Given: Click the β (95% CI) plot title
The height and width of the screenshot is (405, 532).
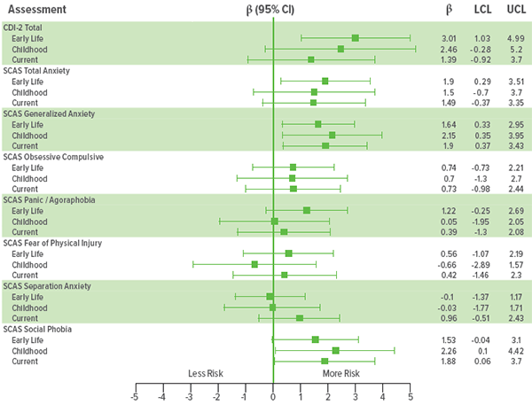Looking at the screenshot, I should pyautogui.click(x=270, y=9).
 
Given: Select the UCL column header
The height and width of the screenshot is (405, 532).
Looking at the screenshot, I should pyautogui.click(x=515, y=9).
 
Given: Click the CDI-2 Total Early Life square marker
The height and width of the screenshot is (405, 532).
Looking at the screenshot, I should pyautogui.click(x=356, y=38).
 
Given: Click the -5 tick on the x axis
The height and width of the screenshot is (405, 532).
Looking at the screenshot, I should pyautogui.click(x=135, y=396).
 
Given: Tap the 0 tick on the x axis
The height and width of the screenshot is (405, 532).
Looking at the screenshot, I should pyautogui.click(x=273, y=396).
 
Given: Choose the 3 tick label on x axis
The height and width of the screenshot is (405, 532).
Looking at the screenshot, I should pyautogui.click(x=356, y=396).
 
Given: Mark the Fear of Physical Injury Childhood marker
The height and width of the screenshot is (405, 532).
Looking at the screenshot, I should pyautogui.click(x=254, y=264).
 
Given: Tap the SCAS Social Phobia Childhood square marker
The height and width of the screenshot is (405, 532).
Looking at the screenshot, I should pyautogui.click(x=335, y=351).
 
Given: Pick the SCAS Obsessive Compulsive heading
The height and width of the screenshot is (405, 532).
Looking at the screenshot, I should pyautogui.click(x=66, y=157).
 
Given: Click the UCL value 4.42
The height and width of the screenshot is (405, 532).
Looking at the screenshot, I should pyautogui.click(x=515, y=351).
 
